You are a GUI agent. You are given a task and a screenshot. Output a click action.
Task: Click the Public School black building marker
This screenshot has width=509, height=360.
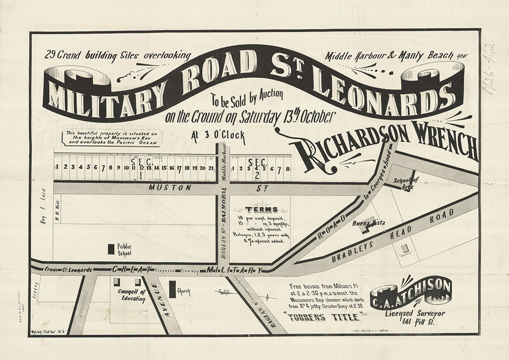tap(111, 249)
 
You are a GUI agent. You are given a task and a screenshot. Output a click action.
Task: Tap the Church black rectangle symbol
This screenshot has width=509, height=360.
tap(172, 290)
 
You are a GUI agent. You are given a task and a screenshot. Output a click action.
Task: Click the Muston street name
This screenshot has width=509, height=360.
tap(176, 187)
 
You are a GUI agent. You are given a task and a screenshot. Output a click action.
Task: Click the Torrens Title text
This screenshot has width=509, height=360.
tap(323, 317)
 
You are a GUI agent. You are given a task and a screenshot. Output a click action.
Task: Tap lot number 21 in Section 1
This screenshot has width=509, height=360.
tap(211, 167)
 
